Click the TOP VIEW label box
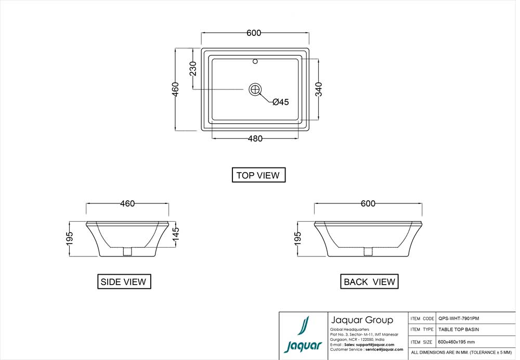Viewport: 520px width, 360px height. click(x=258, y=175)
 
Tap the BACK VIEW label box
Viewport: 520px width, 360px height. click(x=369, y=282)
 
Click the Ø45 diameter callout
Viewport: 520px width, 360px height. click(x=280, y=102)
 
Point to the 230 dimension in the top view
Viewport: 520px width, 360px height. click(x=193, y=69)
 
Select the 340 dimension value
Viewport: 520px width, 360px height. click(x=319, y=89)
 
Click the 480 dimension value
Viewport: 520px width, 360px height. click(x=255, y=138)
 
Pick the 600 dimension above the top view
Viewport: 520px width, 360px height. click(x=254, y=33)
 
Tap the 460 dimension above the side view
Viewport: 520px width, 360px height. click(x=127, y=204)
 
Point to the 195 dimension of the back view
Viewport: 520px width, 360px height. click(x=298, y=239)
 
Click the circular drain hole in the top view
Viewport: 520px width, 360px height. click(x=255, y=89)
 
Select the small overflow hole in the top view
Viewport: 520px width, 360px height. click(x=255, y=62)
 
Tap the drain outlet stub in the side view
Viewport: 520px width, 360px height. click(x=127, y=252)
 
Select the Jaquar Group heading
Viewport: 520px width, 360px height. click(x=361, y=320)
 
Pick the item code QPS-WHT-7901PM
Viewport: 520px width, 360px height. click(x=458, y=318)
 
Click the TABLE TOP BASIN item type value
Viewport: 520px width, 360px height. click(x=458, y=330)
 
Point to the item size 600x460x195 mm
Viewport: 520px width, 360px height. click(x=457, y=342)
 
